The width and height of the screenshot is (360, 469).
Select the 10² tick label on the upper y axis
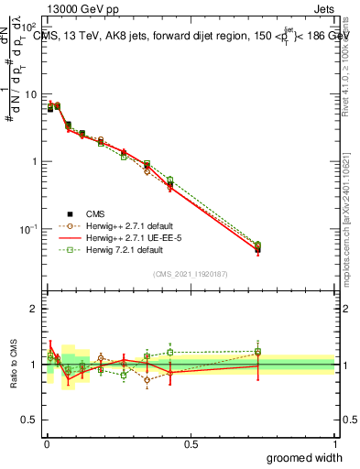pyautogui.click(x=29, y=28)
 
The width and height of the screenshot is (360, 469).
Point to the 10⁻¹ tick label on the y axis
pyautogui.click(x=29, y=228)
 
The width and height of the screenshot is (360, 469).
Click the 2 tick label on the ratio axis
pyautogui.click(x=34, y=309)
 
